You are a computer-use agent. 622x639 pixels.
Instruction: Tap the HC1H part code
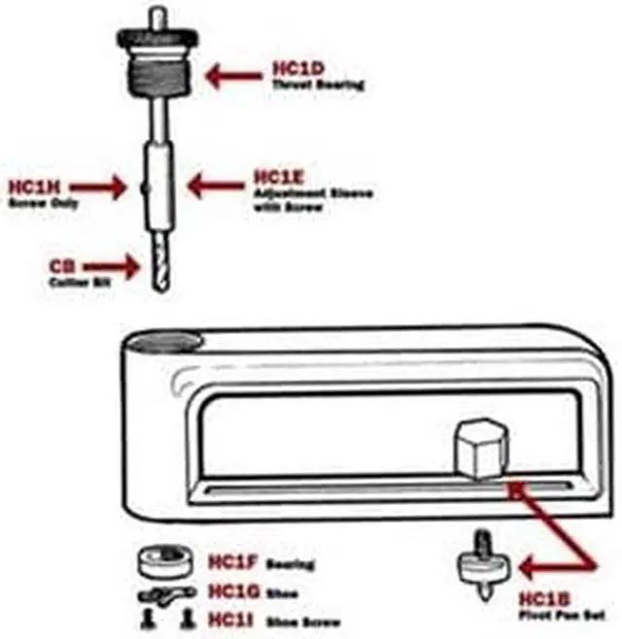click(33, 186)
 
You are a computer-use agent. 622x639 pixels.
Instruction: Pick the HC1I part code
click(228, 619)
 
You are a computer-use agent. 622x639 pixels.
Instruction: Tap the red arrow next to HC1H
click(103, 187)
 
